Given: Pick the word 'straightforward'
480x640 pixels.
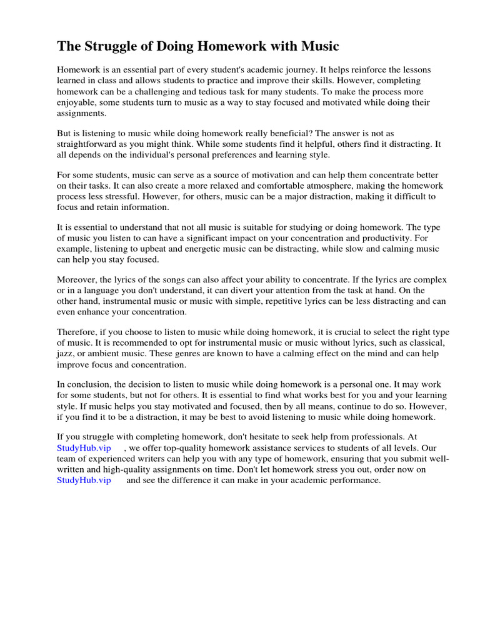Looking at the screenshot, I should click(x=87, y=144).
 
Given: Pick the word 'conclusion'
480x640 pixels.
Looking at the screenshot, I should click(x=89, y=384).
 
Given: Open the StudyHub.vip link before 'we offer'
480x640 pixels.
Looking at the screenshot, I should click(x=84, y=448).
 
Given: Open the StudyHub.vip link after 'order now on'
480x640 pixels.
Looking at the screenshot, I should click(x=84, y=480).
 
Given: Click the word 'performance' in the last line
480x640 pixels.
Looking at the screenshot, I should click(x=352, y=480).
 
